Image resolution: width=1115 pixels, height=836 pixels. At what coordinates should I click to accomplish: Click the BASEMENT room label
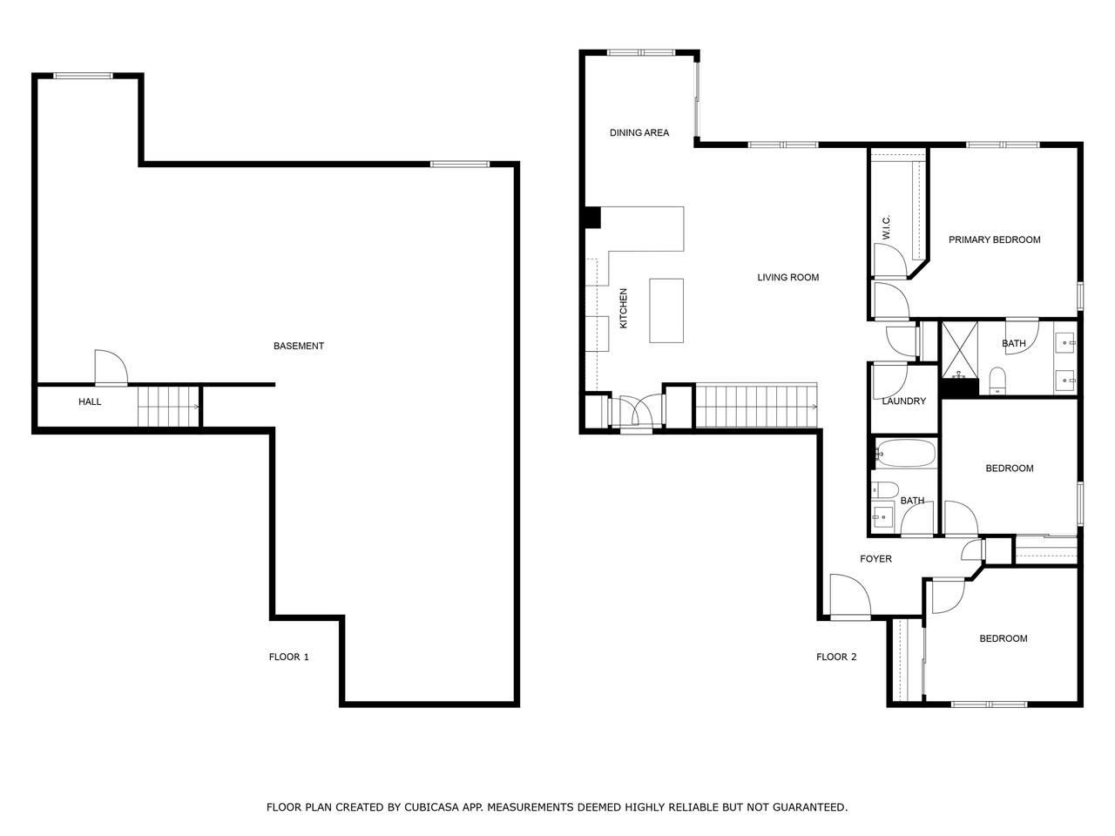(x=298, y=346)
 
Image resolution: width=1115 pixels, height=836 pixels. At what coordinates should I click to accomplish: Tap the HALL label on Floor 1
(x=90, y=401)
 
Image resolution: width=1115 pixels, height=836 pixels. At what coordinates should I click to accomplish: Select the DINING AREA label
(x=639, y=132)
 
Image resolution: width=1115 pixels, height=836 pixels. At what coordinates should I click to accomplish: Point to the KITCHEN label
(x=623, y=308)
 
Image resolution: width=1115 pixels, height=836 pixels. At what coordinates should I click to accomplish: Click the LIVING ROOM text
(x=787, y=278)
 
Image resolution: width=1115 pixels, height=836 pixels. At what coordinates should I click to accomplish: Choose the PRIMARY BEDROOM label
(x=994, y=239)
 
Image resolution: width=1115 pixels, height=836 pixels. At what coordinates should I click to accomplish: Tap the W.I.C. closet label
(x=885, y=228)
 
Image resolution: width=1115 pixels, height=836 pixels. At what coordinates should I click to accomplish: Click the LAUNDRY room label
(x=903, y=401)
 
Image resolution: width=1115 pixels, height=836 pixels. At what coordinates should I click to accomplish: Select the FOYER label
(x=875, y=559)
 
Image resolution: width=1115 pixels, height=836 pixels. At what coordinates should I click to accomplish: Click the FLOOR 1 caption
(x=288, y=657)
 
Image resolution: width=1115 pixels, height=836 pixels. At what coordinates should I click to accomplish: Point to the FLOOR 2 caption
(x=836, y=657)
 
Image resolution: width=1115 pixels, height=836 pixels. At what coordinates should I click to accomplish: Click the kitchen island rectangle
(x=666, y=310)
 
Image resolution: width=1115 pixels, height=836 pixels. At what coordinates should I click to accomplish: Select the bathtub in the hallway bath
(x=906, y=453)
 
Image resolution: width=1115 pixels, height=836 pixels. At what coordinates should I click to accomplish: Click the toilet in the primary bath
(x=997, y=380)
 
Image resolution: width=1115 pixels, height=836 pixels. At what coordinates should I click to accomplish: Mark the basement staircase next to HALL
(x=168, y=406)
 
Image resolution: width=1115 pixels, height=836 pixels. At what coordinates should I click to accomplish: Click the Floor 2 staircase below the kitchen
(x=757, y=406)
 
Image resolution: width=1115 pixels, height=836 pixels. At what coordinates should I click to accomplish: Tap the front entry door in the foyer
(x=849, y=599)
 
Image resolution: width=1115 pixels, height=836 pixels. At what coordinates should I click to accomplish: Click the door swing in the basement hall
(x=111, y=367)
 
